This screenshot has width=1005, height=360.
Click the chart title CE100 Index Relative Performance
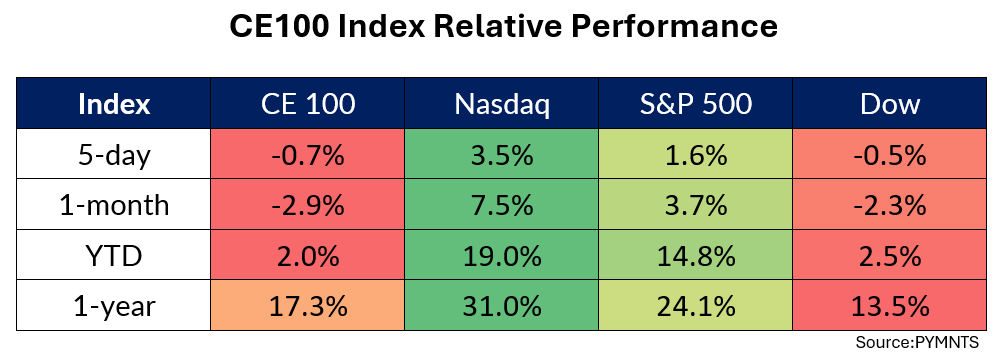coord(503,27)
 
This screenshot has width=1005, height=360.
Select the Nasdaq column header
coord(502,104)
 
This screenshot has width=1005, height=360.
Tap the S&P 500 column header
coord(695,104)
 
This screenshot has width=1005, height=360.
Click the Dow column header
coord(890,104)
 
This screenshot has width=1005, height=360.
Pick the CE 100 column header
coord(308,104)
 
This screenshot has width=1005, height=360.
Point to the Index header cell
coord(114,104)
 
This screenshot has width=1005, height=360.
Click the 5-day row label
coord(114,155)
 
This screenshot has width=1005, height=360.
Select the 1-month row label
coord(114,206)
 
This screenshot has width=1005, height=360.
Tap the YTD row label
coord(114,256)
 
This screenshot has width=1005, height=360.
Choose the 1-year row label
coord(114,307)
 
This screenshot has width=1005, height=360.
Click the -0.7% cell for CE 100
coord(308,155)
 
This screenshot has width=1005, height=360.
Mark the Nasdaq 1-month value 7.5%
coord(502,206)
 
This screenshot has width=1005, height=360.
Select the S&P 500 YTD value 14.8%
coord(695,256)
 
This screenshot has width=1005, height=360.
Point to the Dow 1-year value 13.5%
coord(890,307)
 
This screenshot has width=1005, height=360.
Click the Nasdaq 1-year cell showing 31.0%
coord(502,307)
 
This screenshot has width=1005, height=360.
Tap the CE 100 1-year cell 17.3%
coord(308,307)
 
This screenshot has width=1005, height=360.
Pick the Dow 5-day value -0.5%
coord(890,155)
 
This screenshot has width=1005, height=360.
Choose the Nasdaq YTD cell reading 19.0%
coord(502,256)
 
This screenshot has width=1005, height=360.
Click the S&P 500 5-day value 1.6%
coord(695,155)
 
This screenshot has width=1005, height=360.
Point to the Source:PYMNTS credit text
coord(917,343)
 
